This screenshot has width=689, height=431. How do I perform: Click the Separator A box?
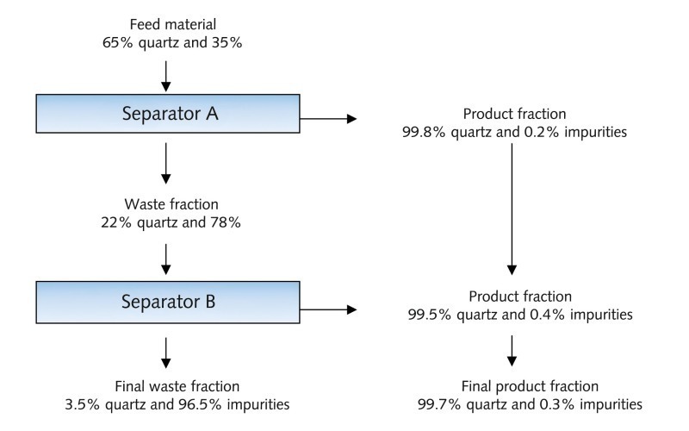[x=168, y=114]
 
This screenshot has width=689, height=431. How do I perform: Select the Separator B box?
[x=168, y=303]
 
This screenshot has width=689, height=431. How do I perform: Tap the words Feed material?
[x=173, y=24]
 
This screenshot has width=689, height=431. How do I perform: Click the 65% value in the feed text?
[x=117, y=42]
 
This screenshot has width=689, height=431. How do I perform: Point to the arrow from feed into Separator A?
[x=165, y=76]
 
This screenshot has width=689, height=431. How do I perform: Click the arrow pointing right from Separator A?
[x=328, y=118]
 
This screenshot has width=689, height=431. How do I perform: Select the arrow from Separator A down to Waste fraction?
[x=165, y=163]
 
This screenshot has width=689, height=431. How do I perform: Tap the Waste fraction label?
[x=171, y=204]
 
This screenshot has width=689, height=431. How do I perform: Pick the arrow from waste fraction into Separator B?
[x=165, y=259]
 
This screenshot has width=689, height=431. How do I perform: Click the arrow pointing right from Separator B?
[x=328, y=309]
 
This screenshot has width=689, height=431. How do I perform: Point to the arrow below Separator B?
[x=165, y=353]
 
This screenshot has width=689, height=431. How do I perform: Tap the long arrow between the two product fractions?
[x=512, y=209]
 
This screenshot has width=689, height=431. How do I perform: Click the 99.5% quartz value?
[x=453, y=315]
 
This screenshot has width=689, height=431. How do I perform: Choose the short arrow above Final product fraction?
[x=512, y=351]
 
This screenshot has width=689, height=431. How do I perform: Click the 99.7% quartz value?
[x=462, y=404]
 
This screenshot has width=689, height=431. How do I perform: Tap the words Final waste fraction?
[x=177, y=386]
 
